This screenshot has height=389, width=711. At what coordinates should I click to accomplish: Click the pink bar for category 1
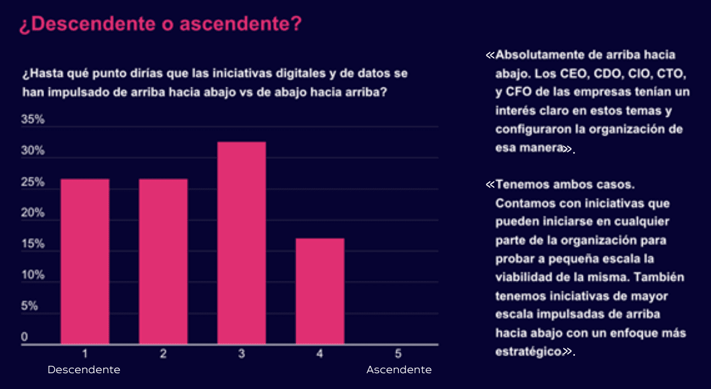pyautogui.click(x=85, y=261)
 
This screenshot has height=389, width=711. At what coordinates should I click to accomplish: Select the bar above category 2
pyautogui.click(x=163, y=261)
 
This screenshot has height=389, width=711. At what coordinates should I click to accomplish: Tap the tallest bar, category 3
pyautogui.click(x=242, y=243)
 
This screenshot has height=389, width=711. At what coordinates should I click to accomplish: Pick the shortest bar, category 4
pyautogui.click(x=320, y=291)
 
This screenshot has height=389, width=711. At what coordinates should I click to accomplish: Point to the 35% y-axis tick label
pyautogui.click(x=33, y=120)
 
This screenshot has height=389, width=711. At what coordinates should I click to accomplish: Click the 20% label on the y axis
pyautogui.click(x=33, y=213)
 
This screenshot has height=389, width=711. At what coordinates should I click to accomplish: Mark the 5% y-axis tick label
pyautogui.click(x=29, y=306)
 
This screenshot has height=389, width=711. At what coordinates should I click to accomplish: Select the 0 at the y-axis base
pyautogui.click(x=24, y=337)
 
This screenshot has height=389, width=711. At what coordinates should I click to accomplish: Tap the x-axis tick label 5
pyautogui.click(x=398, y=354)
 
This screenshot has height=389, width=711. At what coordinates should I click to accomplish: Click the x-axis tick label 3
pyautogui.click(x=242, y=354)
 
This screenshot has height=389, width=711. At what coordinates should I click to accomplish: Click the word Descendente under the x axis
pyautogui.click(x=84, y=370)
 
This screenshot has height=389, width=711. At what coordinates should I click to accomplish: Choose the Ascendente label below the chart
pyautogui.click(x=399, y=370)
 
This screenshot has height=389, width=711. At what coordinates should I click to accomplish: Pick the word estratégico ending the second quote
pyautogui.click(x=529, y=351)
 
